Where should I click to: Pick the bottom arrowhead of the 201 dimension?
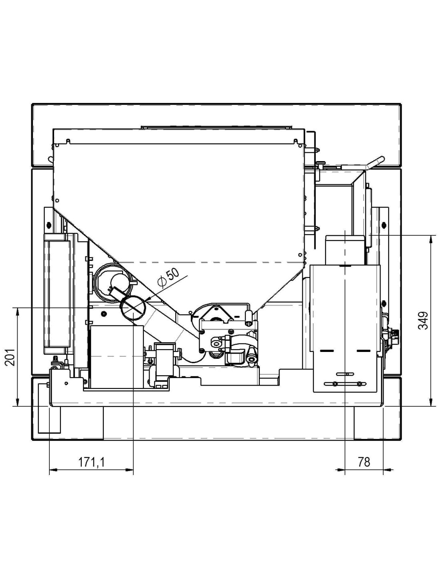pos(18,401)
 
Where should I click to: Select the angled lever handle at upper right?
pos(376,162)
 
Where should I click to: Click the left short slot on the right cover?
pos(327,351)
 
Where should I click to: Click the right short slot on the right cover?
pos(363,351)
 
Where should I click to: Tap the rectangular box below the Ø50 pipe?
pos(117,357)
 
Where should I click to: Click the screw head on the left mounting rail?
pos(48,224)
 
